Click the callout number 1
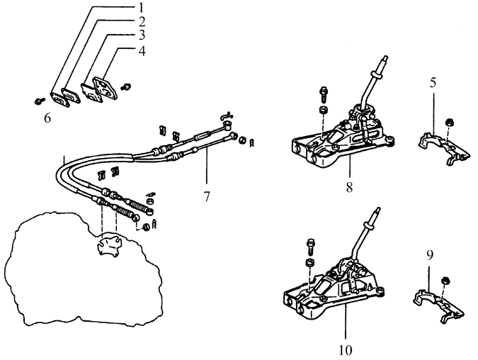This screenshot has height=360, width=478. [x=142, y=7]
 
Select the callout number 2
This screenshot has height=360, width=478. [x=142, y=22]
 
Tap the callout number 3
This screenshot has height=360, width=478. [x=142, y=35]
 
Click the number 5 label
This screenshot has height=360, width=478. [x=433, y=83]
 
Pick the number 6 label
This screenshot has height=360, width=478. [x=47, y=118]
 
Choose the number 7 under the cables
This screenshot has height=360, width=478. [x=207, y=197]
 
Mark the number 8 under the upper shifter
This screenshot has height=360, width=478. [x=349, y=187]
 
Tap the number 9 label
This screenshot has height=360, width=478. [x=430, y=256]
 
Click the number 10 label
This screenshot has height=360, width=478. [x=346, y=350]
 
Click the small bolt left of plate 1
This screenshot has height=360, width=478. [x=40, y=101]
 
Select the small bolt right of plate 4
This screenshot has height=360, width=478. [x=125, y=86]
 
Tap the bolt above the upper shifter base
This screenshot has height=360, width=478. [x=324, y=94]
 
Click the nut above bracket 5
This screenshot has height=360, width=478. [x=449, y=123]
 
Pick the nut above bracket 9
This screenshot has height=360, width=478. [x=445, y=280]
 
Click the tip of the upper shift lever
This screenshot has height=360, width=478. [x=386, y=57]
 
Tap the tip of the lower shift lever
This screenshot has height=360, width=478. [x=377, y=208]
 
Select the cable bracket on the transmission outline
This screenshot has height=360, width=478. [x=109, y=244]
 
